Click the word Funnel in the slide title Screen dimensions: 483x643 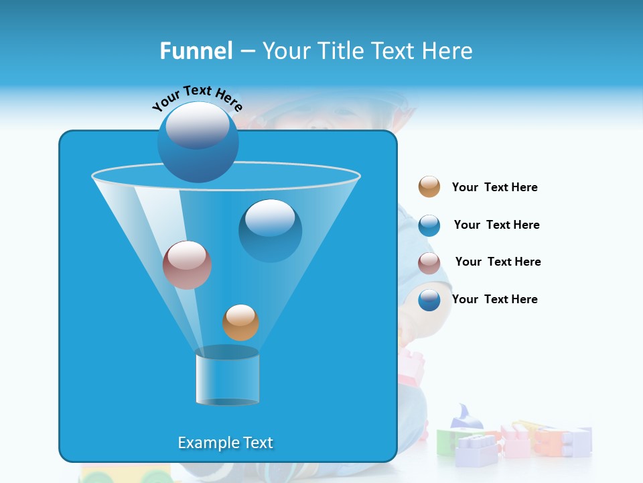[x=196, y=51]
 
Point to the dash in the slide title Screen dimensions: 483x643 [x=246, y=52]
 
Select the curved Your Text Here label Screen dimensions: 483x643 [x=197, y=98]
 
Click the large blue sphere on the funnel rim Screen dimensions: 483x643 [x=198, y=142]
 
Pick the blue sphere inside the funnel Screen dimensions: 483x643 [x=270, y=230]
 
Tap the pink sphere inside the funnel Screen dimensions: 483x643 [x=187, y=264]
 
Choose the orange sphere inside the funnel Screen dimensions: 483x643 [x=240, y=322]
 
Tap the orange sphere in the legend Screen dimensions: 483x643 [x=429, y=186]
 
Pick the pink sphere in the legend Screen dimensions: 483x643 [x=429, y=263]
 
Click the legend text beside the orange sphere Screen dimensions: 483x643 [x=494, y=187]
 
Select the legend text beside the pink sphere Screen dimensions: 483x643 [x=498, y=262]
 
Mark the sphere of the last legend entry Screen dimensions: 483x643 [x=429, y=300]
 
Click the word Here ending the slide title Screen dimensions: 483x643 [x=449, y=51]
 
